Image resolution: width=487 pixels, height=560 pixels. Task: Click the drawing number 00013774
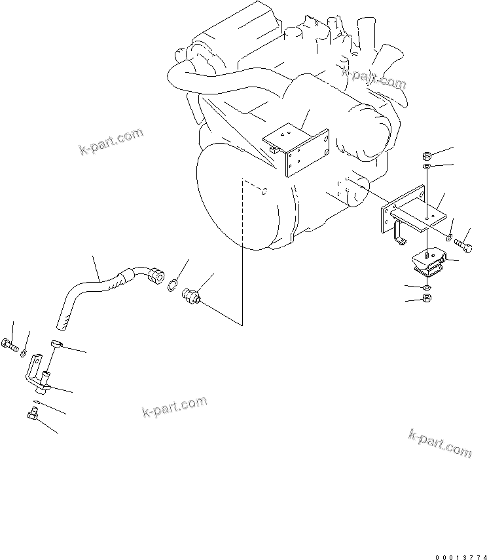click(461, 557)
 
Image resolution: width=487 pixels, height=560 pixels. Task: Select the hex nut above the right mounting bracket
click(427, 155)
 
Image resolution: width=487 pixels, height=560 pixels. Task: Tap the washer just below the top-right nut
click(427, 166)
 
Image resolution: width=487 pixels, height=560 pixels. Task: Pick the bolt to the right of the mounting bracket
click(463, 246)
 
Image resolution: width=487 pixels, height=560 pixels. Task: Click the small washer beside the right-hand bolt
click(449, 236)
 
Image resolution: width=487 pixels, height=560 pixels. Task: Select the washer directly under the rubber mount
click(426, 287)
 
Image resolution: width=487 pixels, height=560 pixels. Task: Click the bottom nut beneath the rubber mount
click(426, 298)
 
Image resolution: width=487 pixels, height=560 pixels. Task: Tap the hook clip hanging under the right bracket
click(399, 234)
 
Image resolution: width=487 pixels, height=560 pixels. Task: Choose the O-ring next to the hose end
click(172, 285)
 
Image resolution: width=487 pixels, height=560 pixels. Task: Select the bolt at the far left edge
click(10, 345)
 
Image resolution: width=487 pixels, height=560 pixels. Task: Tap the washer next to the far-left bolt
click(23, 353)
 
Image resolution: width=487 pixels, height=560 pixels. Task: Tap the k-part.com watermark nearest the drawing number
click(439, 443)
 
